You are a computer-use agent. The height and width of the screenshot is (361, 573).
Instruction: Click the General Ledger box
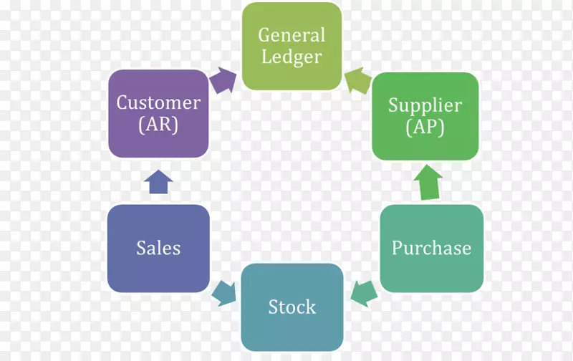coord(292,46)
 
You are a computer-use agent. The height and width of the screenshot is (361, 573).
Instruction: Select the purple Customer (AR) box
coord(158,113)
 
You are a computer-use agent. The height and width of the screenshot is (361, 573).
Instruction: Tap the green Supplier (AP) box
coord(425,116)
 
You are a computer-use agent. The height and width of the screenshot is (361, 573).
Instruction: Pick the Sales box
coord(158,249)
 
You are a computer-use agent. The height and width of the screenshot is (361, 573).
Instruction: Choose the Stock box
coord(292,307)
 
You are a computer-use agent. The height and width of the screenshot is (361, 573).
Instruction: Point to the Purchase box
coord(431,249)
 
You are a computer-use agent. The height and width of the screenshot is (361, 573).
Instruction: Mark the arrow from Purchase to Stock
coord(364,292)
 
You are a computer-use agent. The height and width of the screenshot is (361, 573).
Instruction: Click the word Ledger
coord(292,57)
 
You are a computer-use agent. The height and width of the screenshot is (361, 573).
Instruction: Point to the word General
coord(292,34)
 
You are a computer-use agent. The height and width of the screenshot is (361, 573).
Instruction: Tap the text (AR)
coord(158,125)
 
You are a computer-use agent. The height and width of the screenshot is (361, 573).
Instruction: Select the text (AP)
coord(425,127)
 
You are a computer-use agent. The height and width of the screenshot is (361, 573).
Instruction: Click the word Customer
coord(158,102)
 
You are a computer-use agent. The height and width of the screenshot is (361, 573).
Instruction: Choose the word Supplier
coord(425,105)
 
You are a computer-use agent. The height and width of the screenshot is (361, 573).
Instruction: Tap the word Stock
coord(292,307)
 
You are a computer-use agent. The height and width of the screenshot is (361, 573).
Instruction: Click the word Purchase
coord(431,249)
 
